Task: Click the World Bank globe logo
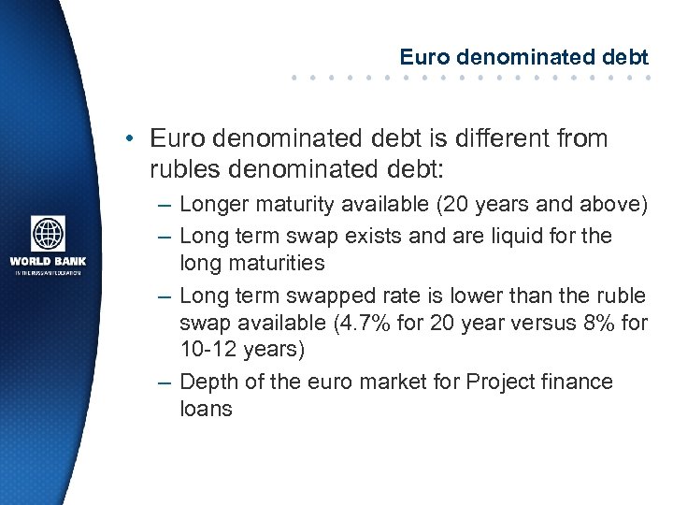coord(48,234)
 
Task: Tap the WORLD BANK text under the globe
coord(48,261)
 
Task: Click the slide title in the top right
coord(524,56)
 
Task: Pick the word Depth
coord(209,382)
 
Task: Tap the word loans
coord(206,410)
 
